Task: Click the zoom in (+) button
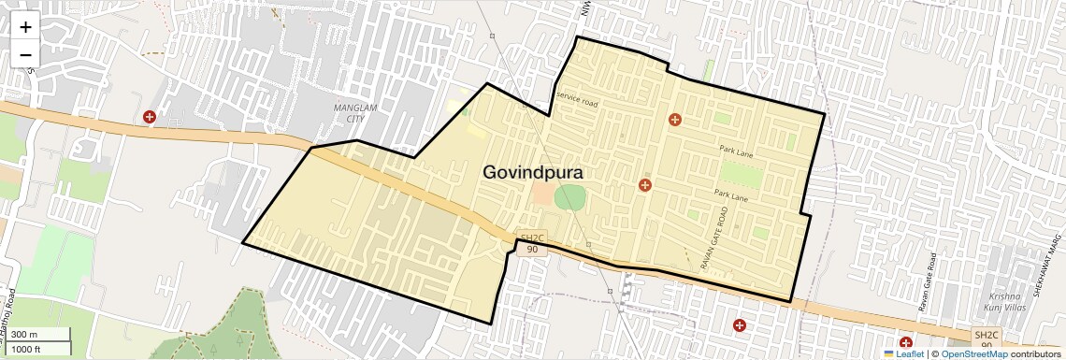(25, 27)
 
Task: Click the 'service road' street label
(576, 96)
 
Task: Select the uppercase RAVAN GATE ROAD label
(713, 238)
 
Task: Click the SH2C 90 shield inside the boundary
(531, 243)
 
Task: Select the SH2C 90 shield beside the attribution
(987, 339)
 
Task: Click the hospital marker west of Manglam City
(150, 117)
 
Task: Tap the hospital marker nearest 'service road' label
(674, 120)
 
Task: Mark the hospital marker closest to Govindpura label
(644, 185)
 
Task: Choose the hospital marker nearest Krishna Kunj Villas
(906, 344)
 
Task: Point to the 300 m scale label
(25, 335)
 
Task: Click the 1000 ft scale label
(27, 349)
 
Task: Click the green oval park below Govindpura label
(569, 197)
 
